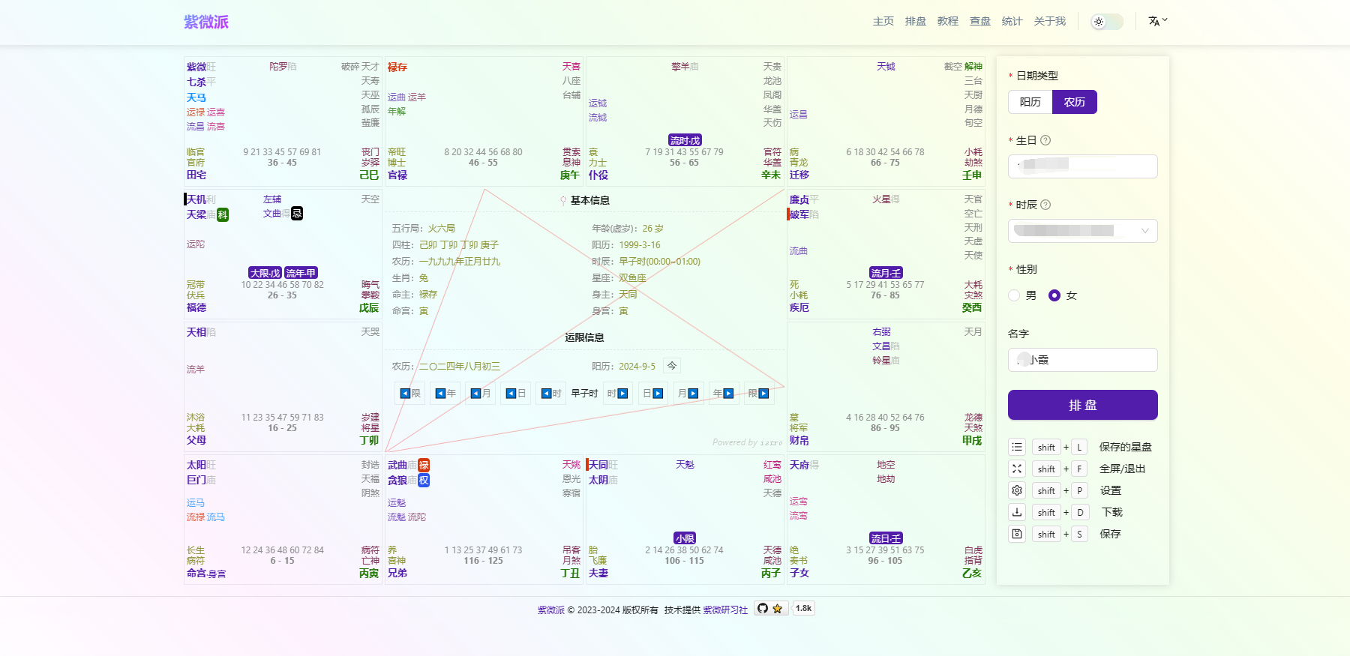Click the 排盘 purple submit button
coord(1082,405)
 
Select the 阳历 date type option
coord(1030,102)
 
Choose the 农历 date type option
coord(1074,102)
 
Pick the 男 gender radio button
coord(1015,295)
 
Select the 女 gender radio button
coord(1054,295)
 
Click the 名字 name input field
coord(1082,360)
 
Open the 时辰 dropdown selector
coord(1082,231)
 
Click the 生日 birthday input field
coord(1082,166)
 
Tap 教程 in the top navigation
coord(947,21)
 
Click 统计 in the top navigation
coord(1012,21)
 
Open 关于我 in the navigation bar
coord(1049,21)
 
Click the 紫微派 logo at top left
coord(206,22)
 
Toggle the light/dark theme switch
coord(1106,22)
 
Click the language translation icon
coord(1157,21)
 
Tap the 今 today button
coord(672,366)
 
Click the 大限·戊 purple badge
coord(265,273)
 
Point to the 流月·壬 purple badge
coord(886,273)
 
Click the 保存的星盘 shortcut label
coord(1125,447)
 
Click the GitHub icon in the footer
coord(763,609)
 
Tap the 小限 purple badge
coord(685,538)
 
